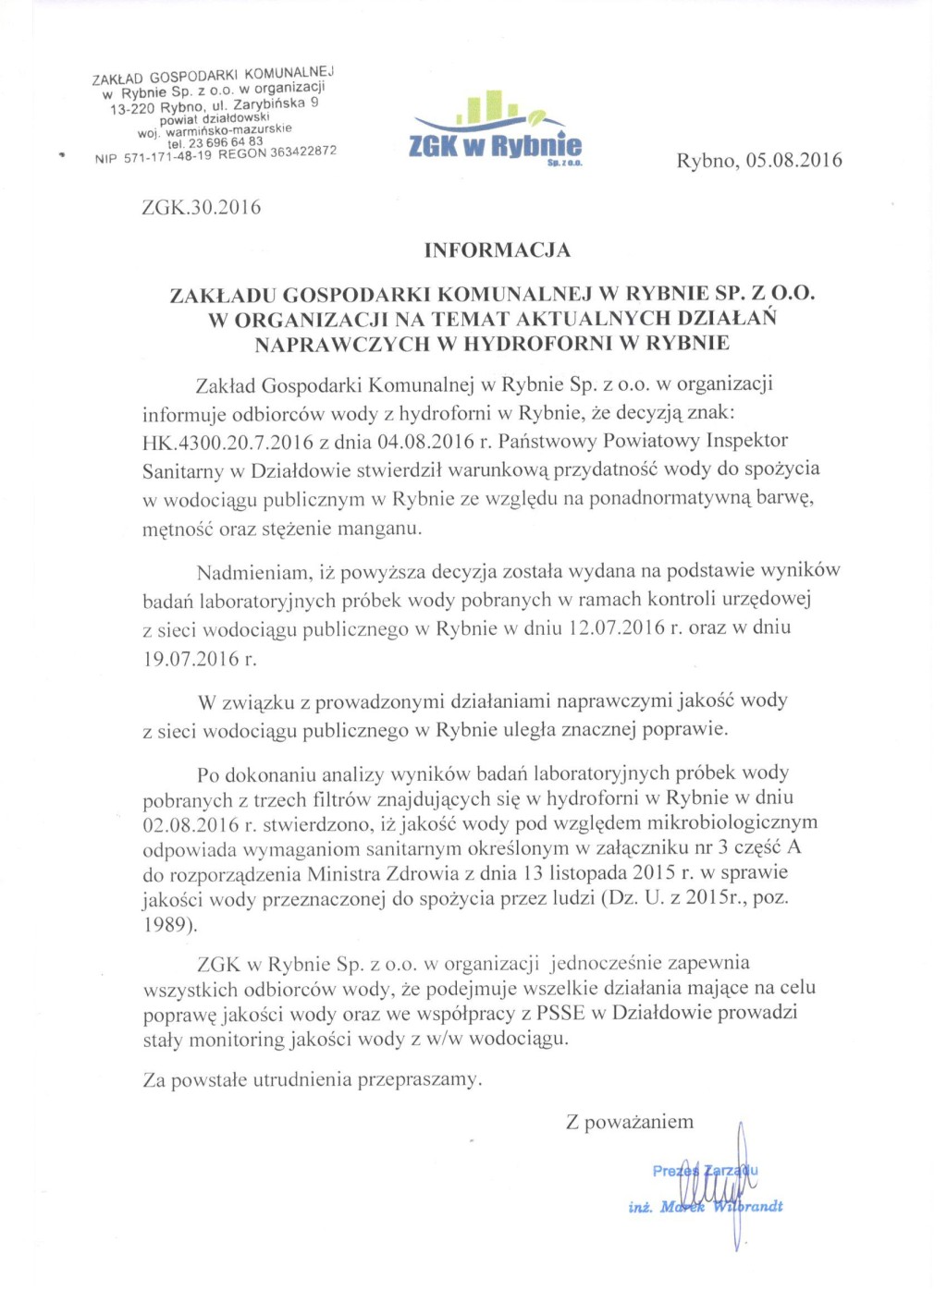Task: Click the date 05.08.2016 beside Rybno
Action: (793, 160)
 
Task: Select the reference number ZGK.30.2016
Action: (202, 207)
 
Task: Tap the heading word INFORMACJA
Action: (498, 250)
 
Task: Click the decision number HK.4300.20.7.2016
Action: (228, 442)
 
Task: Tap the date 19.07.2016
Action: (191, 660)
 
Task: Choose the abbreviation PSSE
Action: (560, 1013)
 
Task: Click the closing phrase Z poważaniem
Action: (630, 1123)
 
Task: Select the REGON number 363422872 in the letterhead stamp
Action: (303, 152)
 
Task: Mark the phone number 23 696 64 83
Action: (226, 142)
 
